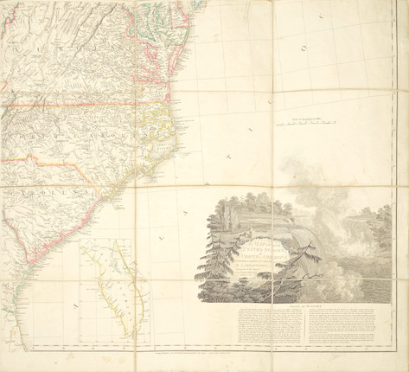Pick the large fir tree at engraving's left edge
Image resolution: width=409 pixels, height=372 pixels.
pos(207,260)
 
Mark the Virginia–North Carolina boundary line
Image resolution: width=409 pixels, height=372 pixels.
pos(86,106)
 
